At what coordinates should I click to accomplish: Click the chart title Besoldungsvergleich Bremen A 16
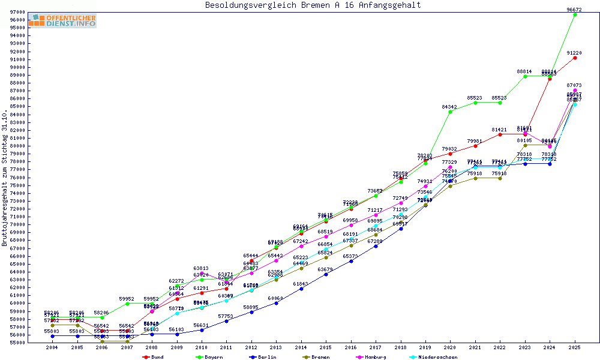pos(313,5)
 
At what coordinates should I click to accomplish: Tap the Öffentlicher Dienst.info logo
pos(62,21)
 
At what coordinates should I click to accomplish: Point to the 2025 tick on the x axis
pos(575,348)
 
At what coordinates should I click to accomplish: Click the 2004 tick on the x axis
pos(52,348)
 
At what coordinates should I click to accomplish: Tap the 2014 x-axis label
pos(301,348)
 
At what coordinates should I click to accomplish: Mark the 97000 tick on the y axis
pos(16,12)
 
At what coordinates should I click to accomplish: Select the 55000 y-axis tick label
pos(16,343)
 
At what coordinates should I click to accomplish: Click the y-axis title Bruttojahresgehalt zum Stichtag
pos(5,178)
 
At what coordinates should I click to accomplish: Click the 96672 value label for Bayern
pos(575,10)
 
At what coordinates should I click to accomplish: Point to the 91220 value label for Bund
pos(575,53)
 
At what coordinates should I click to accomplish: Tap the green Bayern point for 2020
pos(451,112)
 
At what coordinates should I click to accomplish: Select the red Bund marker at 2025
pos(575,58)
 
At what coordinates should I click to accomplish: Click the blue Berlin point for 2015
pos(326,274)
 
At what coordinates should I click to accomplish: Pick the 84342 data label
pos(450,107)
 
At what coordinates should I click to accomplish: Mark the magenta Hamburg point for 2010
pos(202,273)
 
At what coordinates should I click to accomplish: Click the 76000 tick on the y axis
pos(16,178)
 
